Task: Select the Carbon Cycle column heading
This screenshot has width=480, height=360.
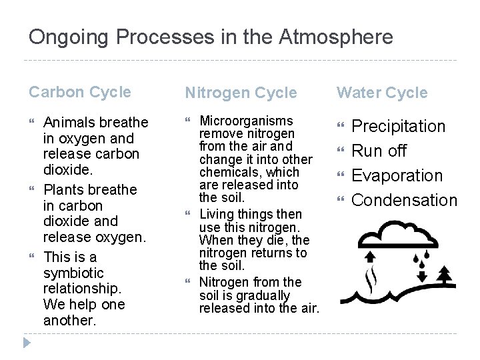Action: coord(80,92)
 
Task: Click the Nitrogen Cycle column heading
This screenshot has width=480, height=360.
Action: coord(241,93)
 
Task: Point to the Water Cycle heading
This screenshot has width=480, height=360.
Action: coord(382,93)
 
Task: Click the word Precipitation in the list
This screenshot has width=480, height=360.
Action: coord(398,126)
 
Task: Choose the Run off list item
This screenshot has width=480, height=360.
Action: coord(379,151)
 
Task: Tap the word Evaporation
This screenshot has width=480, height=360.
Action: coord(397,175)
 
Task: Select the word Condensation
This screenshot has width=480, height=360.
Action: coord(404,200)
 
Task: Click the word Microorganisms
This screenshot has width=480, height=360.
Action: coord(247,121)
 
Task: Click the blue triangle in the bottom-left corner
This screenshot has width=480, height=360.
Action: coord(27,343)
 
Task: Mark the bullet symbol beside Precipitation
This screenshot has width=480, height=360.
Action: coord(340,127)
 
